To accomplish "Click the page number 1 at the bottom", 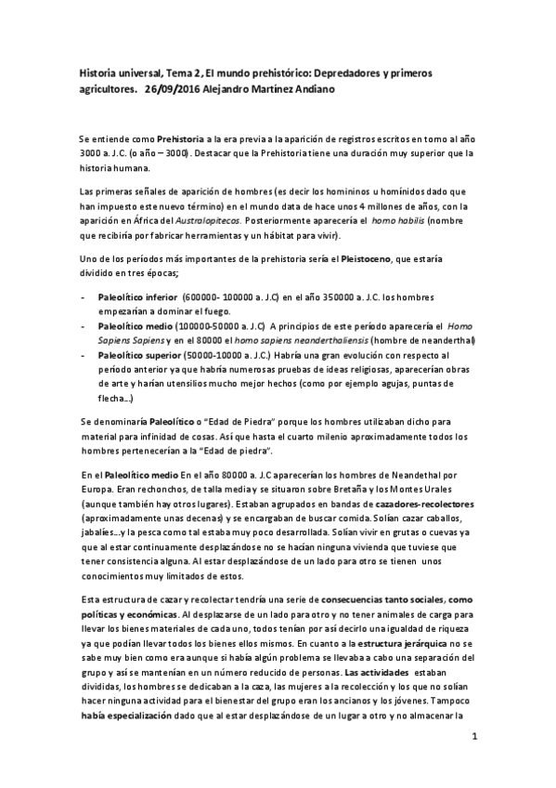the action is [473, 737].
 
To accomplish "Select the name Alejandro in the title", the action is [239, 91].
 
